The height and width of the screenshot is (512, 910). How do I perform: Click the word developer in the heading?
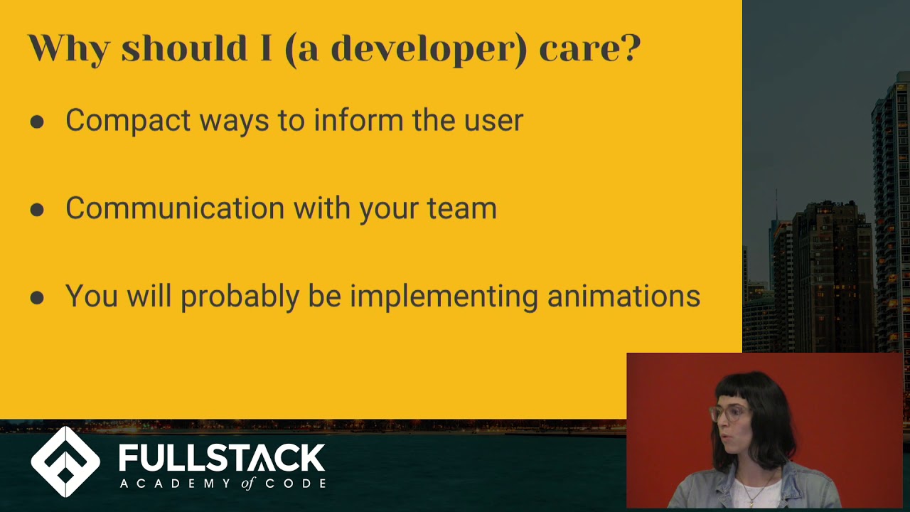[x=427, y=48]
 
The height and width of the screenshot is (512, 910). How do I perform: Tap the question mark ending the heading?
[x=629, y=48]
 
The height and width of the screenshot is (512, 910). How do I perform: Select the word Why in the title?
[x=68, y=48]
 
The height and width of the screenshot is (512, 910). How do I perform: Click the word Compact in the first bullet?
[x=128, y=120]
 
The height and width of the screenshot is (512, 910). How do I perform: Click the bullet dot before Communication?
[x=37, y=210]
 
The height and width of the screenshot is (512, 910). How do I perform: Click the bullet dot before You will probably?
[x=37, y=298]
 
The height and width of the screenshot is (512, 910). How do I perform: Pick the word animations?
[x=623, y=297]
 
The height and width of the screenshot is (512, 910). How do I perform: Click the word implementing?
[x=444, y=297]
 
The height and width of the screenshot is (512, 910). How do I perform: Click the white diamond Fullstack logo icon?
[x=65, y=462]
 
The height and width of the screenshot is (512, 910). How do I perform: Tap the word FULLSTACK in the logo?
[x=222, y=458]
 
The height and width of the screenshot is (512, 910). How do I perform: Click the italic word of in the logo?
[x=247, y=484]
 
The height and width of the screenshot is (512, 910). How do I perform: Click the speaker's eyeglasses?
[x=727, y=412]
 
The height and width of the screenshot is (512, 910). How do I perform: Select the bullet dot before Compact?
[x=37, y=122]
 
